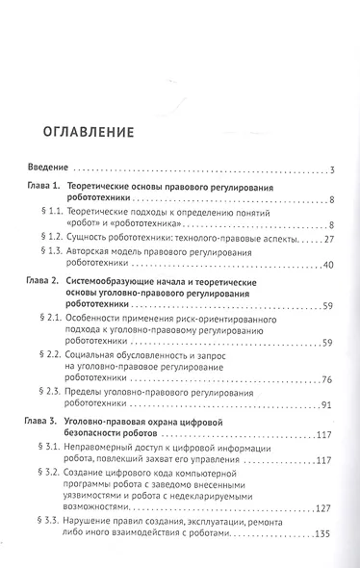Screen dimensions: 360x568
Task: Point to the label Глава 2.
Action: (46, 276)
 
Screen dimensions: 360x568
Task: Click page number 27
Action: (327, 237)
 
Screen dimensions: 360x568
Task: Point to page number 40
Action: (327, 264)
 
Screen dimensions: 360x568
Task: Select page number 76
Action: (327, 379)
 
